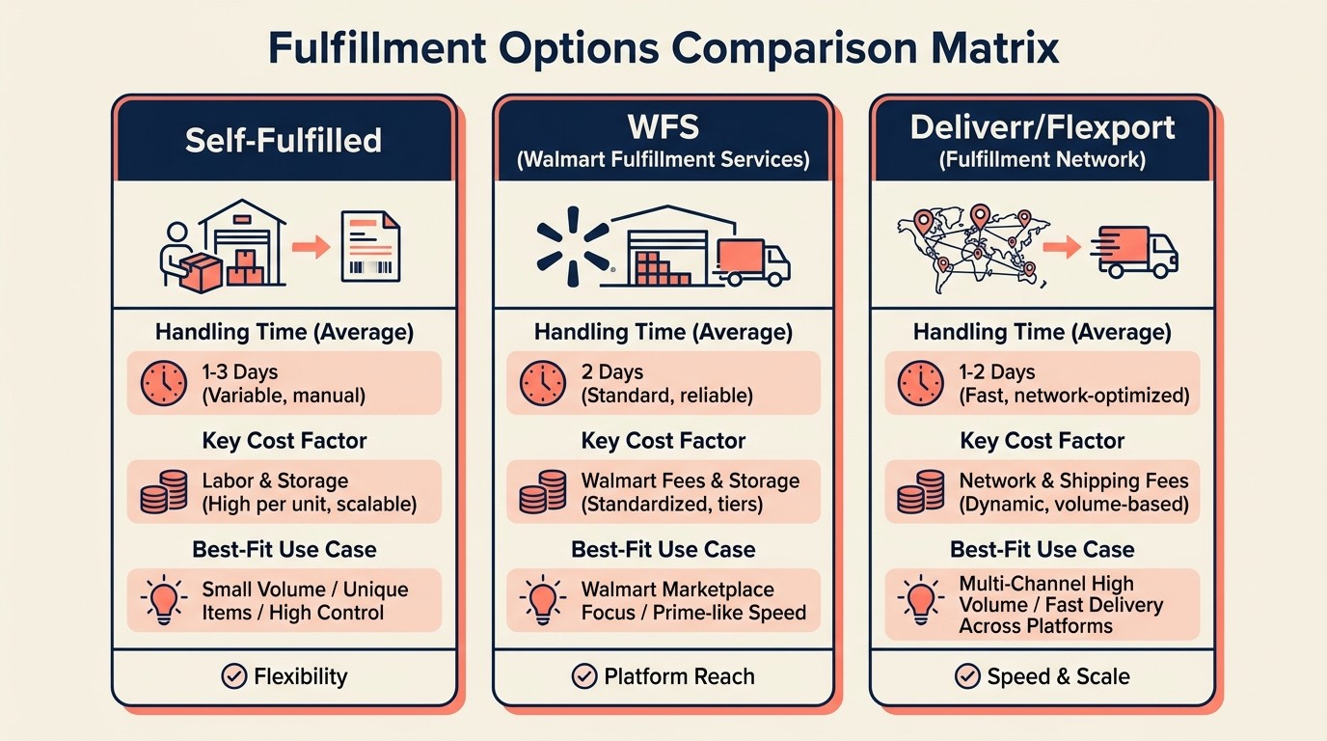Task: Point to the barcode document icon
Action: pyautogui.click(x=369, y=247)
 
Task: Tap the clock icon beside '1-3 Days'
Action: pyautogui.click(x=163, y=383)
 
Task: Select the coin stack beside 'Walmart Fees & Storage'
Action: pyautogui.click(x=542, y=492)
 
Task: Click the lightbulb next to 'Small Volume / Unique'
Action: pyautogui.click(x=163, y=600)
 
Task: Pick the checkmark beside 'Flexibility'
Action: pyautogui.click(x=233, y=676)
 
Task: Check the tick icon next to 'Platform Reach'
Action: pyautogui.click(x=583, y=676)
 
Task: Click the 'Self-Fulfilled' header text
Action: pyautogui.click(x=284, y=140)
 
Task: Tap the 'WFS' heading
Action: pyautogui.click(x=663, y=126)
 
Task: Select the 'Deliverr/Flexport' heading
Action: pyautogui.click(x=1043, y=127)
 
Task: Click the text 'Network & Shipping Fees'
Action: pyautogui.click(x=1073, y=480)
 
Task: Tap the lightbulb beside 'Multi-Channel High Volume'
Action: pyautogui.click(x=921, y=600)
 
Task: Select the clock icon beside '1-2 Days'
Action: pyautogui.click(x=921, y=383)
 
